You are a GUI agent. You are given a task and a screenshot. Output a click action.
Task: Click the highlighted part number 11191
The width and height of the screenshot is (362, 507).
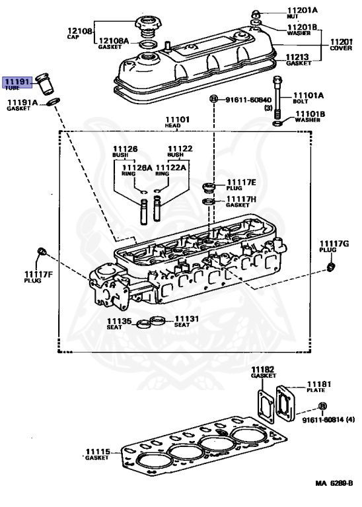point(17,82)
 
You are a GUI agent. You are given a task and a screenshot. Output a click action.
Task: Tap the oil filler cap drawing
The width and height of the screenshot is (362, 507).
point(147,28)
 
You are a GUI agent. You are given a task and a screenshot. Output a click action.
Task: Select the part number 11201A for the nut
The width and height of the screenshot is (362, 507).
point(302,10)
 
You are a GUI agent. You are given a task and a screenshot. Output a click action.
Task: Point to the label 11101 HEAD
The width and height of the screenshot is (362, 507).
point(179,120)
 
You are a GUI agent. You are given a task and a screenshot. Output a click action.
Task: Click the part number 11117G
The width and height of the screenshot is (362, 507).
point(334,244)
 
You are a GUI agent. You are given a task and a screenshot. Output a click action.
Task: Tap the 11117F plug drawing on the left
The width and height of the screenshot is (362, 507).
point(42,252)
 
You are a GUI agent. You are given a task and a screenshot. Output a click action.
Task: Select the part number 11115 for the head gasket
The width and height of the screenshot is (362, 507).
point(97,452)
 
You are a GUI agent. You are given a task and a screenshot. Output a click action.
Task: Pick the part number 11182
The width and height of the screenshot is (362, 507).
point(262,368)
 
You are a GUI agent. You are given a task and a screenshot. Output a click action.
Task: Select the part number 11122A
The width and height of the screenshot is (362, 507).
point(172,168)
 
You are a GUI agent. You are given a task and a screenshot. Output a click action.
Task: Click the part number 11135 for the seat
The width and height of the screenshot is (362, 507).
point(120,321)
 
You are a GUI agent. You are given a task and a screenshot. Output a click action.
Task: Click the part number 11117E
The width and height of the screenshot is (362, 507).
point(241,181)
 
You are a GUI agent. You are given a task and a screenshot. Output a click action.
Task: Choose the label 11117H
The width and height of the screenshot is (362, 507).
point(241,199)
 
